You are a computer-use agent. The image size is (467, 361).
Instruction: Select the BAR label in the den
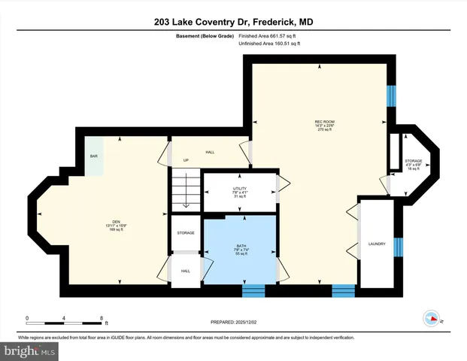[94, 156]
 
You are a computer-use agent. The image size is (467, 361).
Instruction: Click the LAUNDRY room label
[377, 244]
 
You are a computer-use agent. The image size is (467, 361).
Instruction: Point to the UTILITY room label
[240, 188]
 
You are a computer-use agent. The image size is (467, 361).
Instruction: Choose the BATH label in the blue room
[241, 245]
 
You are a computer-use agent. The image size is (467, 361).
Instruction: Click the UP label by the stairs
[186, 160]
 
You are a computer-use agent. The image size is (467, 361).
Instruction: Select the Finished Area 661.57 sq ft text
[268, 35]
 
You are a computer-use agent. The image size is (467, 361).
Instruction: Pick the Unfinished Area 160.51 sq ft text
[268, 44]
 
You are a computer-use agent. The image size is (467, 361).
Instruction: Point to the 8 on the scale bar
[101, 317]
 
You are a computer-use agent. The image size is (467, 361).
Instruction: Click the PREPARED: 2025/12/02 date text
[233, 323]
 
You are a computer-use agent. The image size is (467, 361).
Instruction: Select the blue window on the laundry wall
[399, 247]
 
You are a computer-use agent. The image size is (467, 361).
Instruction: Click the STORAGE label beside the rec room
[413, 161]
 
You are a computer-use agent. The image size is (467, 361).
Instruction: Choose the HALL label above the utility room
[210, 153]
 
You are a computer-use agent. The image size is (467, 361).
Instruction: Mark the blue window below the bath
[253, 290]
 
